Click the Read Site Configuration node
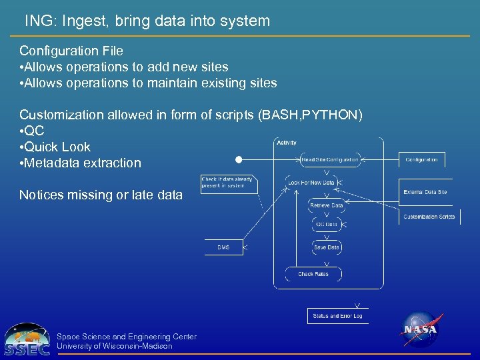tap(330, 160)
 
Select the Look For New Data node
tap(312, 182)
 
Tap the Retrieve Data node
tap(327, 205)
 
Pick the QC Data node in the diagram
tap(327, 225)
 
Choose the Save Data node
tap(327, 247)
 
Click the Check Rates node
tap(313, 274)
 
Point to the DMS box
tap(223, 247)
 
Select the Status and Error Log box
tap(337, 316)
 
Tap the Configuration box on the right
tap(422, 160)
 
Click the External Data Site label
tap(425, 192)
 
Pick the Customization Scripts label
tap(429, 217)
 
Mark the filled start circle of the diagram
tap(239, 160)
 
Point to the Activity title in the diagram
tap(287, 143)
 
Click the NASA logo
tap(419, 329)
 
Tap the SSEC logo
tap(27, 340)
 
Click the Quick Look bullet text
tap(57, 147)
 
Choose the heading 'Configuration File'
tap(71, 51)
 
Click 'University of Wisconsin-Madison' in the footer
tap(115, 346)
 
